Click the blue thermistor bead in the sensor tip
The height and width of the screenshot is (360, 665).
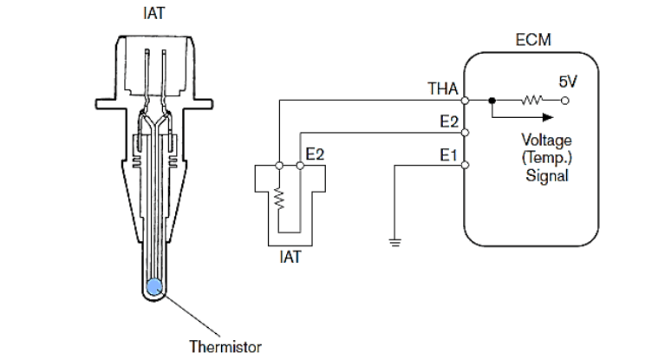pyautogui.click(x=154, y=287)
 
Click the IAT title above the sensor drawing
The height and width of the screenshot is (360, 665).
pyautogui.click(x=154, y=12)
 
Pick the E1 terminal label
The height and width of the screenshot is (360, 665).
pyautogui.click(x=448, y=155)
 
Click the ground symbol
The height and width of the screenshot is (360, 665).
pyautogui.click(x=394, y=242)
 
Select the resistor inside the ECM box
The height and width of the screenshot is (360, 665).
pyautogui.click(x=531, y=100)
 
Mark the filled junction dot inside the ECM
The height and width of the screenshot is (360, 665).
pyautogui.click(x=492, y=100)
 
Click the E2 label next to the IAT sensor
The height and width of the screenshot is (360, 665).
pyautogui.click(x=315, y=154)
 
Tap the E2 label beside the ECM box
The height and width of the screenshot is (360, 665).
pyautogui.click(x=448, y=121)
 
